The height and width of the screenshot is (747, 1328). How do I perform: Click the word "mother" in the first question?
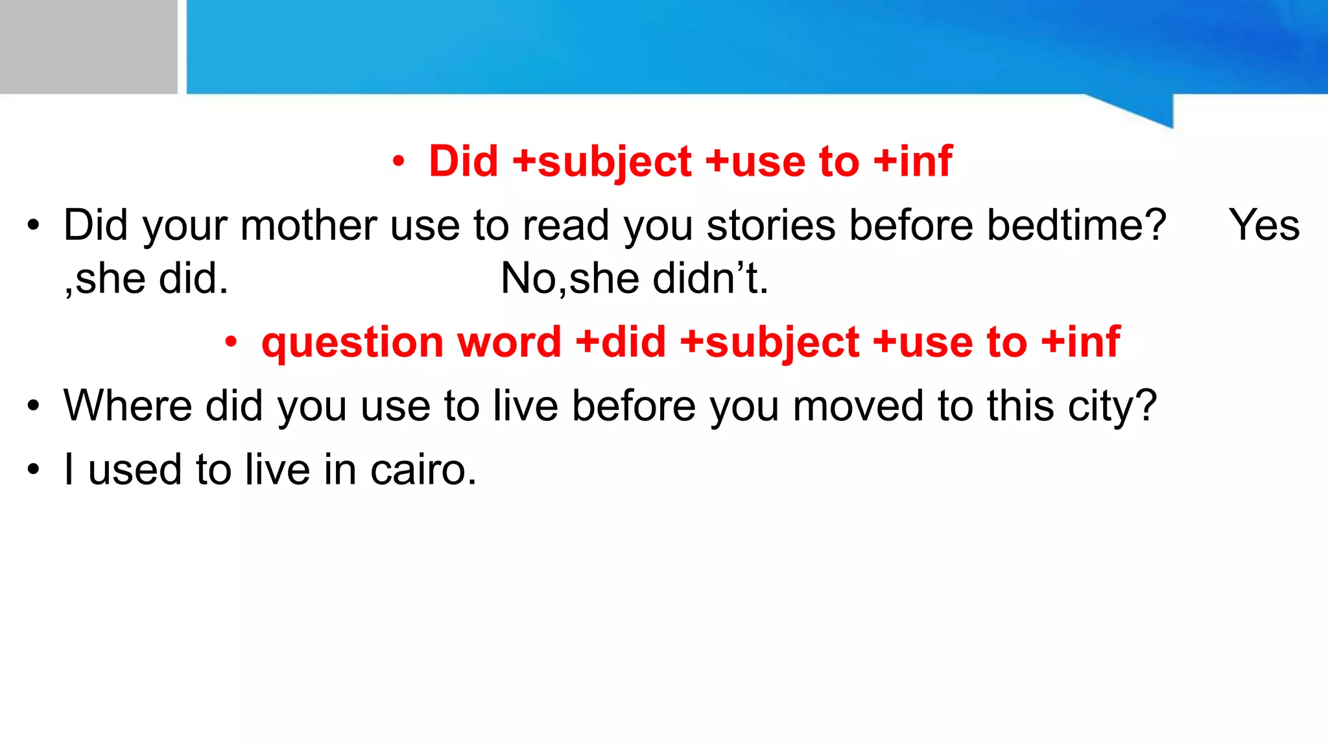click(x=309, y=226)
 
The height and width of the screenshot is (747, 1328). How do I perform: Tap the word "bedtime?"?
click(x=1076, y=226)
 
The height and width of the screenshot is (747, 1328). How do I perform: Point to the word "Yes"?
click(x=1264, y=226)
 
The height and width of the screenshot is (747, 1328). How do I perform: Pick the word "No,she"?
click(x=561, y=279)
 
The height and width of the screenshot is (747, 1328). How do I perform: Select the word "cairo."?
click(x=423, y=469)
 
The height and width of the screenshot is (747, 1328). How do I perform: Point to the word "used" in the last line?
click(x=135, y=469)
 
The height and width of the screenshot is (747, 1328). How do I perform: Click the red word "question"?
click(x=352, y=342)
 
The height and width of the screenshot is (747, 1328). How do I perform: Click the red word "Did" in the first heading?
click(x=464, y=161)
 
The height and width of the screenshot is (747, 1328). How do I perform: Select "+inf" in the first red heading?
click(x=913, y=161)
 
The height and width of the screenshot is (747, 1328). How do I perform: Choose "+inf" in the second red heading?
click(x=1081, y=342)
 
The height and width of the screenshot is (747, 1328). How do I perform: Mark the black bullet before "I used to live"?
click(x=34, y=469)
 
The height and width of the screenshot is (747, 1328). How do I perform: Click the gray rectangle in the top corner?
click(x=88, y=47)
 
